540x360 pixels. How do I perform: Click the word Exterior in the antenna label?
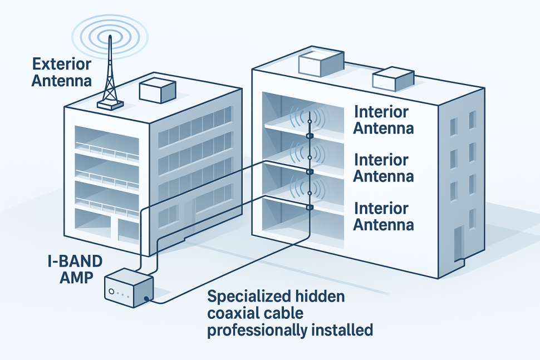(62, 64)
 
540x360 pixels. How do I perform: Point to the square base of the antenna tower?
(110, 105)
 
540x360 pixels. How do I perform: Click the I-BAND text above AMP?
(75, 261)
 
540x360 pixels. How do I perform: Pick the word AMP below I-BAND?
(76, 277)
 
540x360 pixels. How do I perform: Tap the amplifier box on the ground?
(129, 288)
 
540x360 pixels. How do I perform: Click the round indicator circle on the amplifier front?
(111, 292)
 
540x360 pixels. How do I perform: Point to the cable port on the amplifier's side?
(147, 298)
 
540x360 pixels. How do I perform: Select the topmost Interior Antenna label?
(384, 120)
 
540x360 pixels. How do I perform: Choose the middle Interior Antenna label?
(384, 168)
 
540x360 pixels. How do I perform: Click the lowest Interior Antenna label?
(384, 216)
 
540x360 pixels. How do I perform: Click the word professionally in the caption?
(257, 331)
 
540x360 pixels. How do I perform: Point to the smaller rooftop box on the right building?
(393, 79)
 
